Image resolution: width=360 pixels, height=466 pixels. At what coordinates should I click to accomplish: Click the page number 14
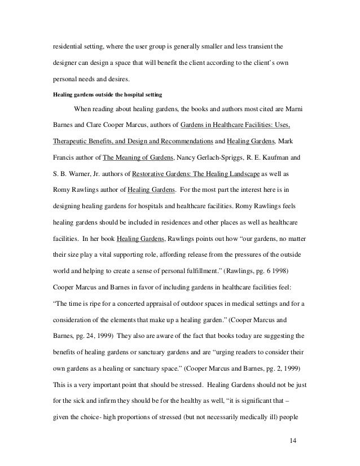click(292, 439)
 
